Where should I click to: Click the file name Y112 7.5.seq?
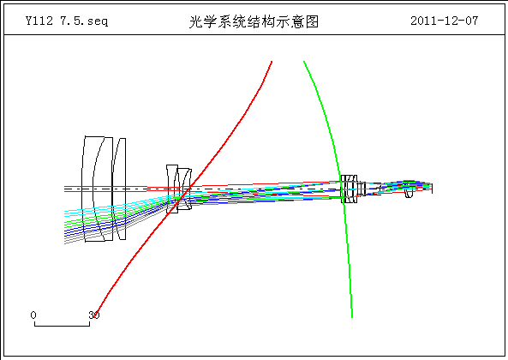point(67,21)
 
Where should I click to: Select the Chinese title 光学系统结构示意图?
point(254,21)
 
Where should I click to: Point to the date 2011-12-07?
point(444,21)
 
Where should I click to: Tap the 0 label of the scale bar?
point(33,315)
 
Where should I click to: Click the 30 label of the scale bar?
point(94,315)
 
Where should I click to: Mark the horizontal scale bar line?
point(62,326)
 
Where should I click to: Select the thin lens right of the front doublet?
point(120,189)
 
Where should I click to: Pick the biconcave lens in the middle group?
point(172,189)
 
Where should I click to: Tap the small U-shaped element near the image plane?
point(409,193)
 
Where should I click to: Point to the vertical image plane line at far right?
point(433,189)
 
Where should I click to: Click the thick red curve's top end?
point(272,61)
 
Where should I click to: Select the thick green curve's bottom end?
point(352,316)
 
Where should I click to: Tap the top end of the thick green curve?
point(304,61)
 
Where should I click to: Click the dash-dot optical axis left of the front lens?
point(73,189)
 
